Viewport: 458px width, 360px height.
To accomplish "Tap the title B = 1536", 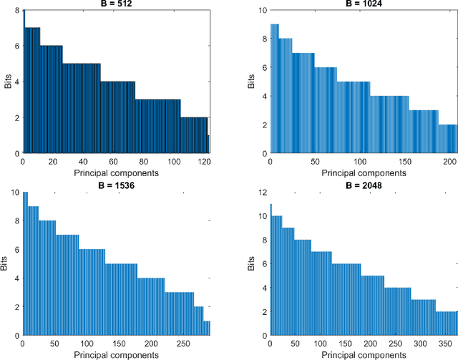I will (x=116, y=185).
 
